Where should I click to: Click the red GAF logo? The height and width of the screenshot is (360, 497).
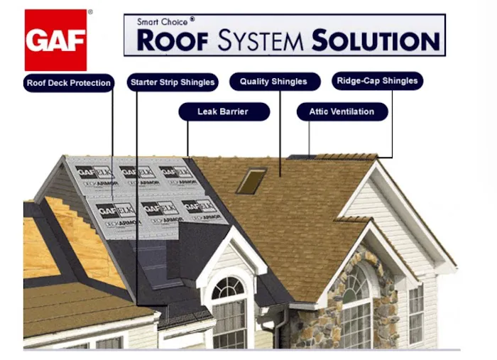[55, 40]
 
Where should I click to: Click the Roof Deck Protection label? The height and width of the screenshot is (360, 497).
[69, 83]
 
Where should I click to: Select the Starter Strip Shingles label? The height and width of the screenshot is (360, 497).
[173, 82]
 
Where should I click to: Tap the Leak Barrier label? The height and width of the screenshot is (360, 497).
[223, 112]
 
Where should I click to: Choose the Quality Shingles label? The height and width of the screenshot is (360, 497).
[273, 82]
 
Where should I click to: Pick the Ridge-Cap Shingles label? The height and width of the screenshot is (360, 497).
[377, 81]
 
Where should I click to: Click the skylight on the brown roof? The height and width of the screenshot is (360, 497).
[251, 180]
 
